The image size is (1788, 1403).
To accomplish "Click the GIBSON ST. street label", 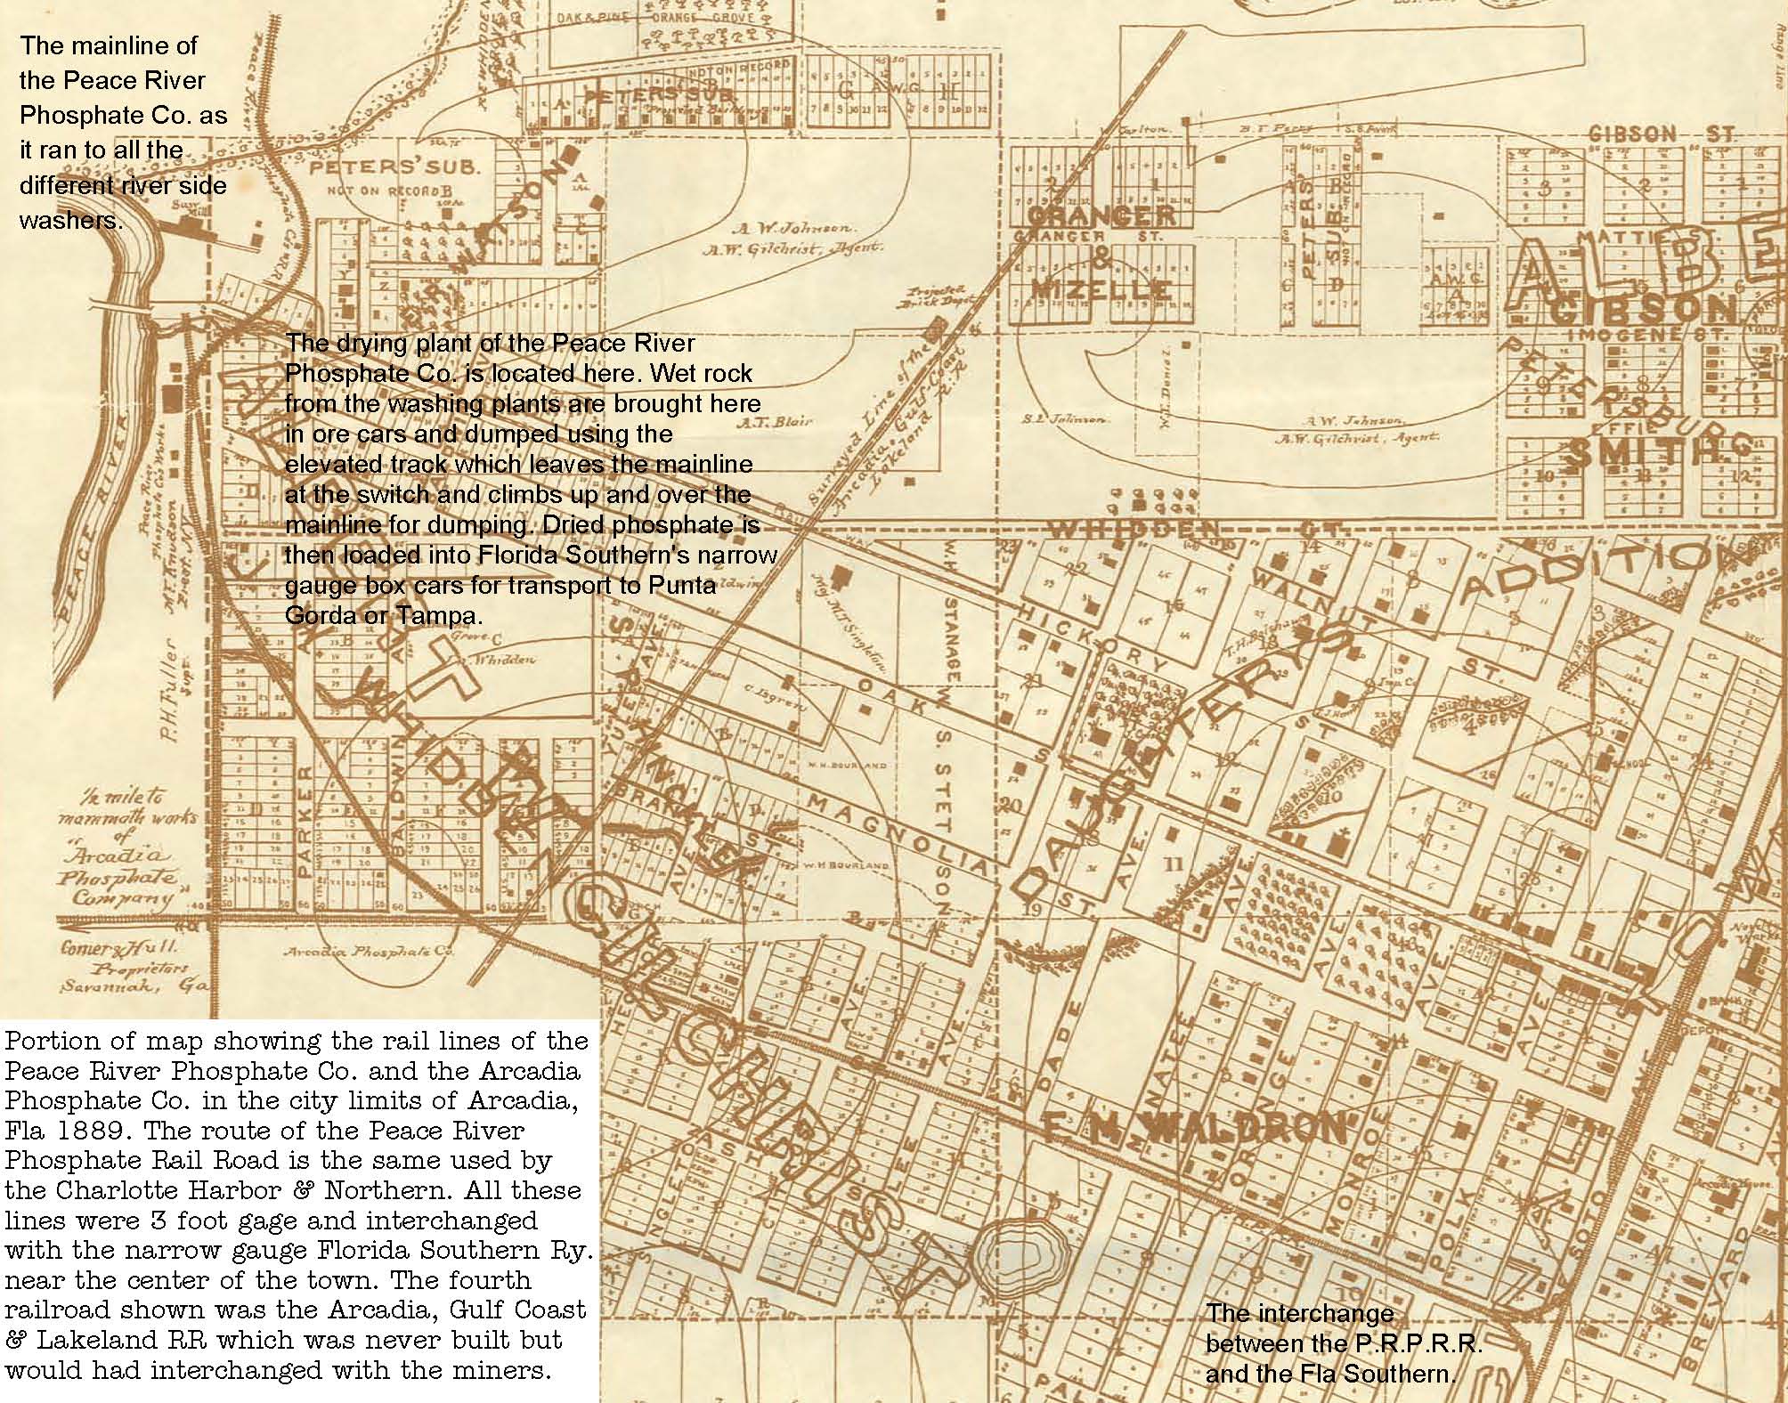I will point(1662,134).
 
